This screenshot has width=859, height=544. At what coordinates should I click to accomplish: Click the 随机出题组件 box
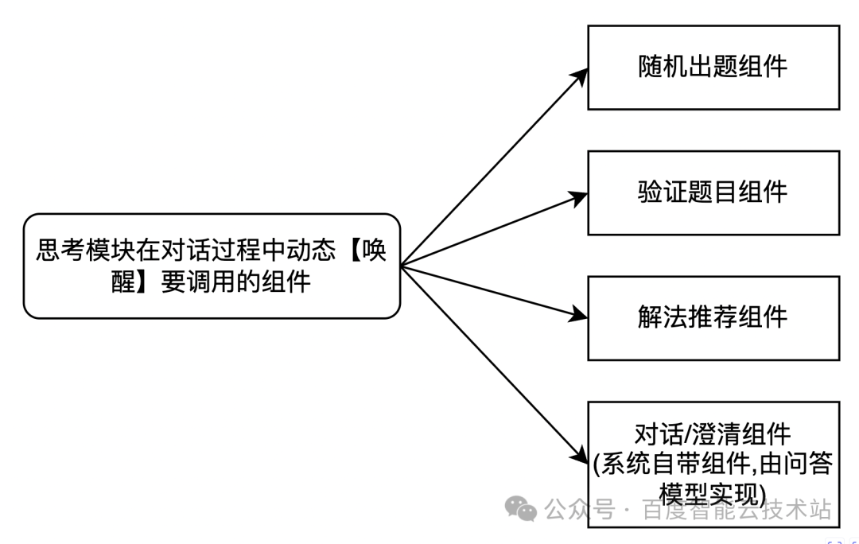pos(713,67)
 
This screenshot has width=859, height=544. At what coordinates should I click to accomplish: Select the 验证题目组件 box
pos(713,192)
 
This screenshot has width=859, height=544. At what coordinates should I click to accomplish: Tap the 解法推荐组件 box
pos(713,317)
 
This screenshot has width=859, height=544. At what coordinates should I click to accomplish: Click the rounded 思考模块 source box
pos(212,266)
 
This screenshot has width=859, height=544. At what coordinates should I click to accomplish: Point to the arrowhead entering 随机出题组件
pos(581,74)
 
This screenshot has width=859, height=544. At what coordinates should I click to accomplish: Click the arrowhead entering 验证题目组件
pos(580,194)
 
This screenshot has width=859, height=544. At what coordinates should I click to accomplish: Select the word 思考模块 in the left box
pos(87,252)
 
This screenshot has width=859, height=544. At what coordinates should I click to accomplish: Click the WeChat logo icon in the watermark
pos(522,509)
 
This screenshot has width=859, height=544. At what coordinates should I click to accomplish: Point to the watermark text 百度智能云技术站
pos(737,510)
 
